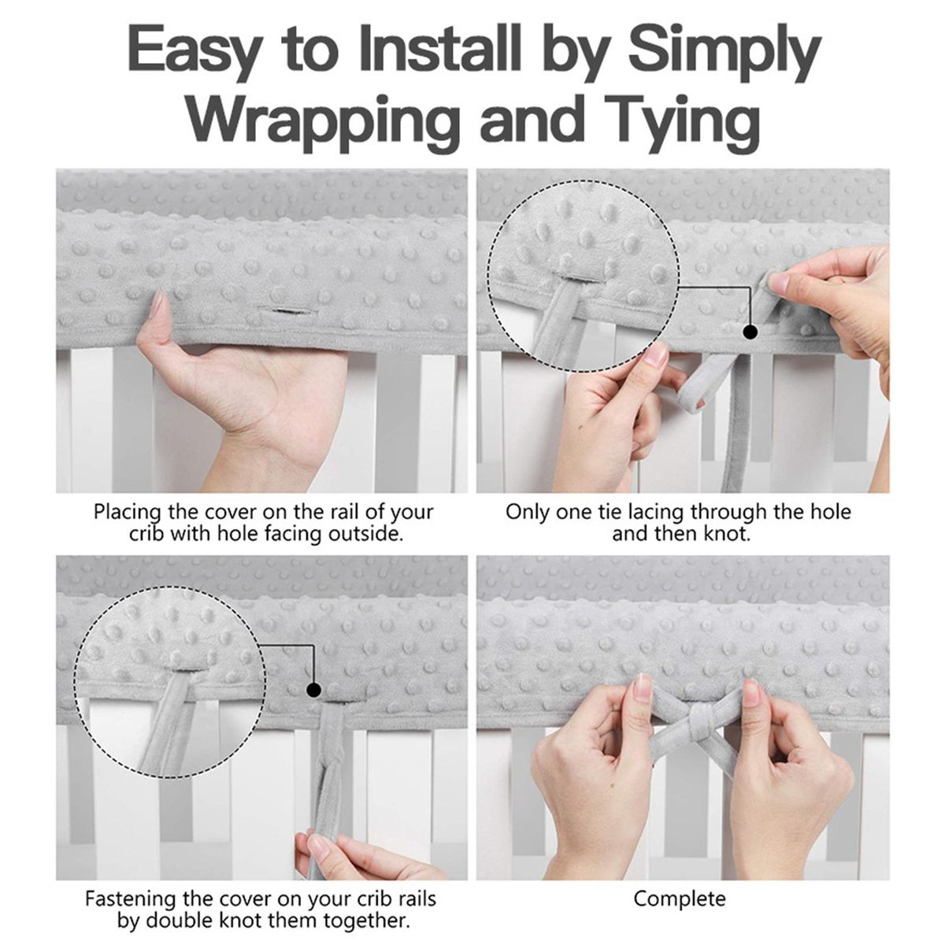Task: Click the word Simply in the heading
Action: pyautogui.click(x=724, y=55)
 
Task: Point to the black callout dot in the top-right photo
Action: pyautogui.click(x=750, y=332)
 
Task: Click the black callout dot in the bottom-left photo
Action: pyautogui.click(x=313, y=691)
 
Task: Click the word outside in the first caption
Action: pyautogui.click(x=365, y=534)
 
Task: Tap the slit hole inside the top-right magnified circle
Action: pyautogui.click(x=581, y=276)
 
